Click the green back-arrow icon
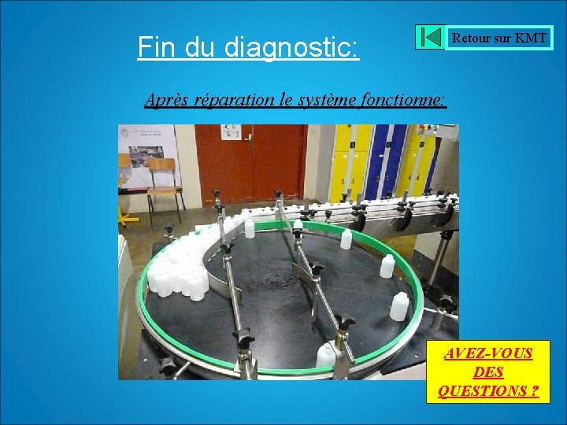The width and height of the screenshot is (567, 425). click(431, 37)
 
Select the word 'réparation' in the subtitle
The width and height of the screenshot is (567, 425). click(228, 100)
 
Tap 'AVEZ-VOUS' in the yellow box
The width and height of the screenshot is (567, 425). click(488, 353)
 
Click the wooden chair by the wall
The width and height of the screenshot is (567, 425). click(164, 185)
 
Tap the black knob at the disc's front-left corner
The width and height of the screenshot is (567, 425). click(167, 365)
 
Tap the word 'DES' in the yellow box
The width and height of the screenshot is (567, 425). click(489, 372)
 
